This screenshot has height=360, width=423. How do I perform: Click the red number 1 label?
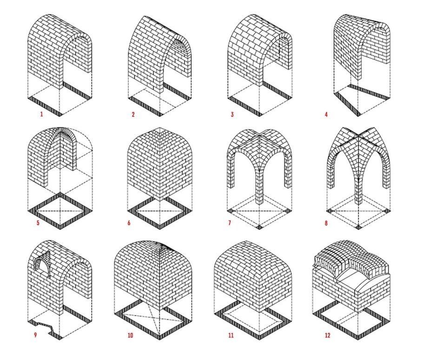41,114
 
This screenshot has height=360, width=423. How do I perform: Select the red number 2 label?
133,114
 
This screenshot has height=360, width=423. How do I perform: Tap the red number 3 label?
232,114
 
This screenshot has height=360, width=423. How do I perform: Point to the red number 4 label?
326,114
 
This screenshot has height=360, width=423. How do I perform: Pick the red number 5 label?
38,223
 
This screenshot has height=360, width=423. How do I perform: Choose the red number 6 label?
129,223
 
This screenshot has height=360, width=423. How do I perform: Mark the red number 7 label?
230,223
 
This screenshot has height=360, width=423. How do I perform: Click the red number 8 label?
326,223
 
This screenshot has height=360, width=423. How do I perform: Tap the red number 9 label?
35,335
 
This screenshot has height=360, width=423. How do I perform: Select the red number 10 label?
130,335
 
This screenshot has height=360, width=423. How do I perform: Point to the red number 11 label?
231,335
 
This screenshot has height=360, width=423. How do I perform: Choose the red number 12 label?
328,335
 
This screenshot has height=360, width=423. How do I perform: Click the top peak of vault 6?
160,128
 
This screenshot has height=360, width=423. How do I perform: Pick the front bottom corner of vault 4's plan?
358,115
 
